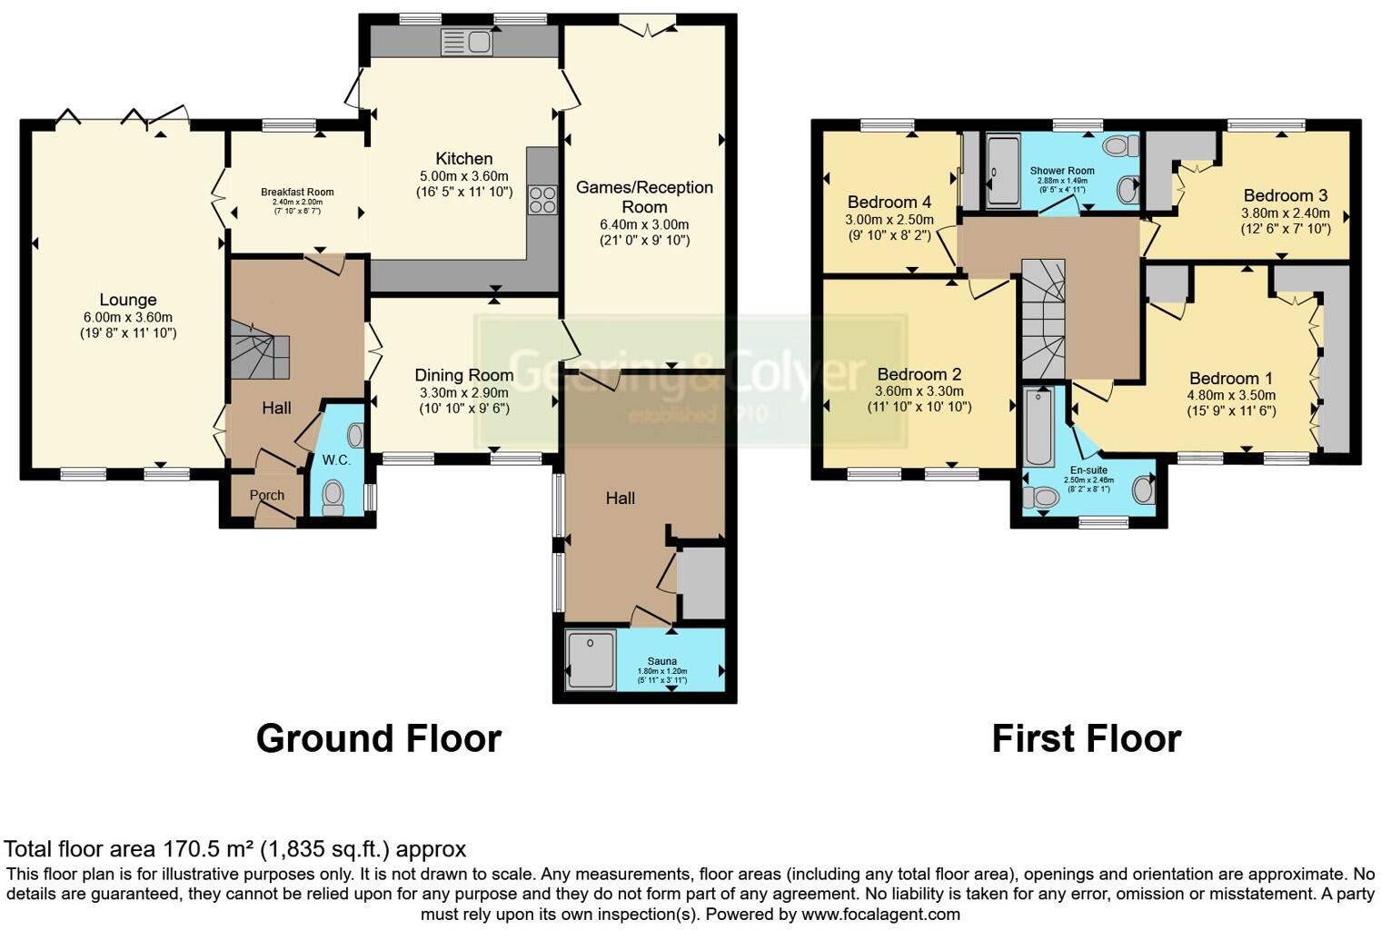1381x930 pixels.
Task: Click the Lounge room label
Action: click(128, 300)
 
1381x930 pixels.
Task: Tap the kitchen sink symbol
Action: click(466, 42)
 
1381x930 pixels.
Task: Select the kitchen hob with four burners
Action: click(542, 199)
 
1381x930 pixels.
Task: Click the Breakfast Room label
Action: click(297, 193)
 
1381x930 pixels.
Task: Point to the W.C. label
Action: click(336, 460)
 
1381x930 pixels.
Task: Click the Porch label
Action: click(267, 495)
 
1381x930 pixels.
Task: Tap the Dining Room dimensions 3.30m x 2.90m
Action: click(464, 392)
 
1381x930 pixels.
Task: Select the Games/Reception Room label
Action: click(644, 197)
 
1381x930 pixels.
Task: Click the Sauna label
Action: click(661, 661)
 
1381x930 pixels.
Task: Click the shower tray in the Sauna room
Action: click(591, 659)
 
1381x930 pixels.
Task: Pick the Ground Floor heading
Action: click(379, 738)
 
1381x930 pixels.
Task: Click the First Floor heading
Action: click(1086, 738)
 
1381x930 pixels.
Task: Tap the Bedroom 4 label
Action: click(889, 202)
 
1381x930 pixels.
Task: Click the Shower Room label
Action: click(1062, 171)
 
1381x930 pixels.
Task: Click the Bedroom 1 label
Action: click(1231, 379)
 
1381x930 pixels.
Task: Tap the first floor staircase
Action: click(1042, 318)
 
